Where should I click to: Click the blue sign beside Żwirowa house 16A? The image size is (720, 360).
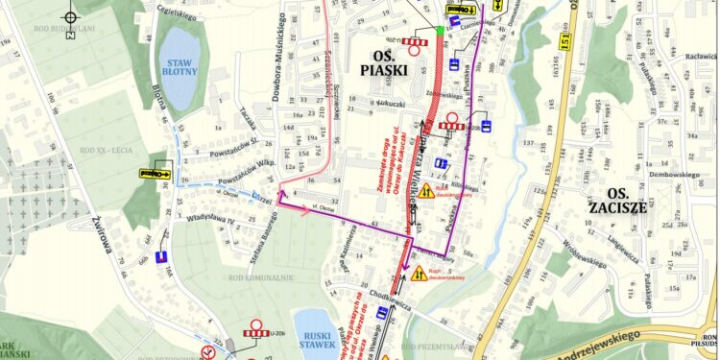pos(160,257)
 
